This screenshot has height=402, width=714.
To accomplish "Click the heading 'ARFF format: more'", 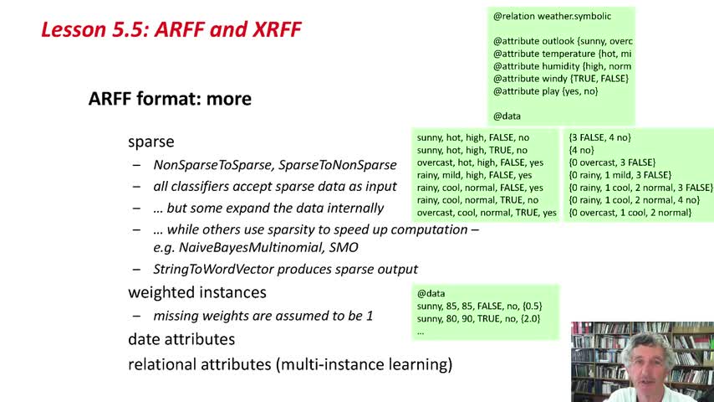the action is click(170, 99).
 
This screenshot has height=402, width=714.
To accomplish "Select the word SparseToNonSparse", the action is click(338, 165).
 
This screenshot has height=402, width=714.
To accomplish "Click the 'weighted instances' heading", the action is click(197, 292).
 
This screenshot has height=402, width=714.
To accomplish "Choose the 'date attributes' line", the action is click(181, 339).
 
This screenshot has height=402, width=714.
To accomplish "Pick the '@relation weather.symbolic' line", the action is click(552, 17).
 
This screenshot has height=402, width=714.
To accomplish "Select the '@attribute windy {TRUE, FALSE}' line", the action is click(560, 79).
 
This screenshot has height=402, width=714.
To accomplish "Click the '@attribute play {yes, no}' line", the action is click(545, 91).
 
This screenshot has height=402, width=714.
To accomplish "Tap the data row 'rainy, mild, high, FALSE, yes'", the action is click(474, 175).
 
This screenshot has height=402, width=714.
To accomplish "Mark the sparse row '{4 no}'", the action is click(582, 150).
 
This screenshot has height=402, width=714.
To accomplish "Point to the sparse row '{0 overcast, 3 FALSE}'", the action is click(612, 162).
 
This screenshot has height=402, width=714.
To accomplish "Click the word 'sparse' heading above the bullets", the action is click(151, 142).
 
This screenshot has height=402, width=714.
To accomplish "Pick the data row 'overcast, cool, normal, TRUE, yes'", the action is click(487, 213).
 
